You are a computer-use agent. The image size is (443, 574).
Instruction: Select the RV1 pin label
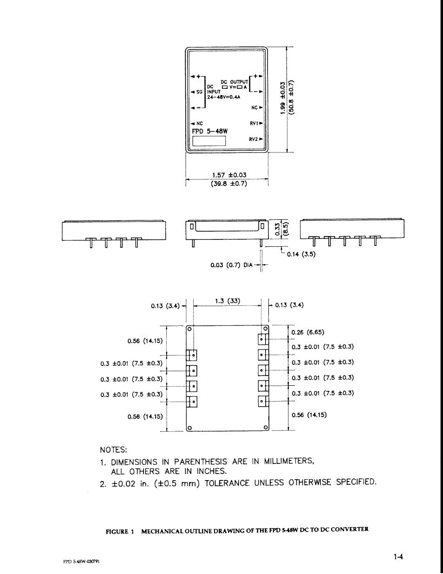pyautogui.click(x=254, y=124)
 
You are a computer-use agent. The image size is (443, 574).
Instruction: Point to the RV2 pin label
pyautogui.click(x=254, y=139)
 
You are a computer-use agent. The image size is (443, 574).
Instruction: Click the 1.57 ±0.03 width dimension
pyautogui.click(x=229, y=175)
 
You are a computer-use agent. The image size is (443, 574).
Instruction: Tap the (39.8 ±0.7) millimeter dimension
pyautogui.click(x=229, y=183)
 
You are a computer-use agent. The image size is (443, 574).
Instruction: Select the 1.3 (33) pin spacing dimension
pyautogui.click(x=228, y=301)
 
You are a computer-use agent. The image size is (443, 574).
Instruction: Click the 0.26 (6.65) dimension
pyautogui.click(x=308, y=332)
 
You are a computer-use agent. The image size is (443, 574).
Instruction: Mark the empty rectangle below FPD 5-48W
pyautogui.click(x=209, y=140)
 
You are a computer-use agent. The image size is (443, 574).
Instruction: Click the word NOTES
pyautogui.click(x=113, y=450)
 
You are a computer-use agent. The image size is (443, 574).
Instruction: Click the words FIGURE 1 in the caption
pyautogui.click(x=119, y=531)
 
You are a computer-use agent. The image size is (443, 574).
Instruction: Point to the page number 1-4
pyautogui.click(x=398, y=556)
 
